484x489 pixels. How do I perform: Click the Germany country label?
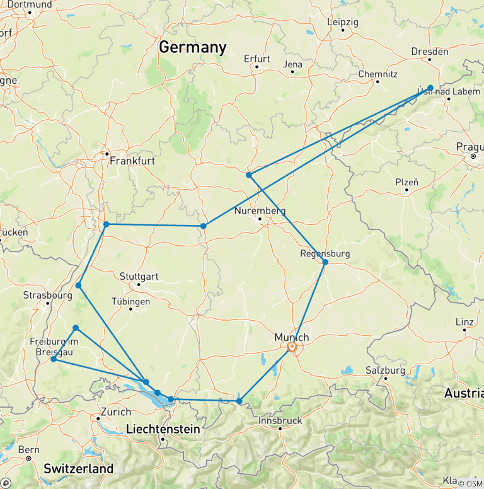click(x=192, y=47)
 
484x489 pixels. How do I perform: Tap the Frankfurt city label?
click(x=132, y=161)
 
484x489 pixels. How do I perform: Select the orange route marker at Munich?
click(x=292, y=347)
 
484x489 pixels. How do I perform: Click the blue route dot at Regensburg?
click(x=325, y=262)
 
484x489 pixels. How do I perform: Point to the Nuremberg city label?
click(x=260, y=210)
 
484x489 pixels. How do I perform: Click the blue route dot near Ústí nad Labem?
click(x=430, y=88)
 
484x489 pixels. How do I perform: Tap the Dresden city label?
click(x=429, y=52)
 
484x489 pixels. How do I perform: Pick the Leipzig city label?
click(x=343, y=22)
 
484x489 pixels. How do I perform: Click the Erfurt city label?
click(x=257, y=59)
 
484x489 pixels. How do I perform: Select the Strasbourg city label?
click(x=47, y=295)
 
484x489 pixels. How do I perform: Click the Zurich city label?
click(x=115, y=412)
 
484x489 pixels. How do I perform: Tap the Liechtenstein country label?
click(x=163, y=429)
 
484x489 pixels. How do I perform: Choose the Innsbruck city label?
click(x=280, y=420)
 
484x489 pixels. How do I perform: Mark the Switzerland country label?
click(x=79, y=469)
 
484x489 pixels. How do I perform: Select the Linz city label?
click(x=464, y=322)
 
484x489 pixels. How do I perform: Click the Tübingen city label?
click(x=130, y=302)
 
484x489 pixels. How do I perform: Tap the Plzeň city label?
click(x=406, y=182)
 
